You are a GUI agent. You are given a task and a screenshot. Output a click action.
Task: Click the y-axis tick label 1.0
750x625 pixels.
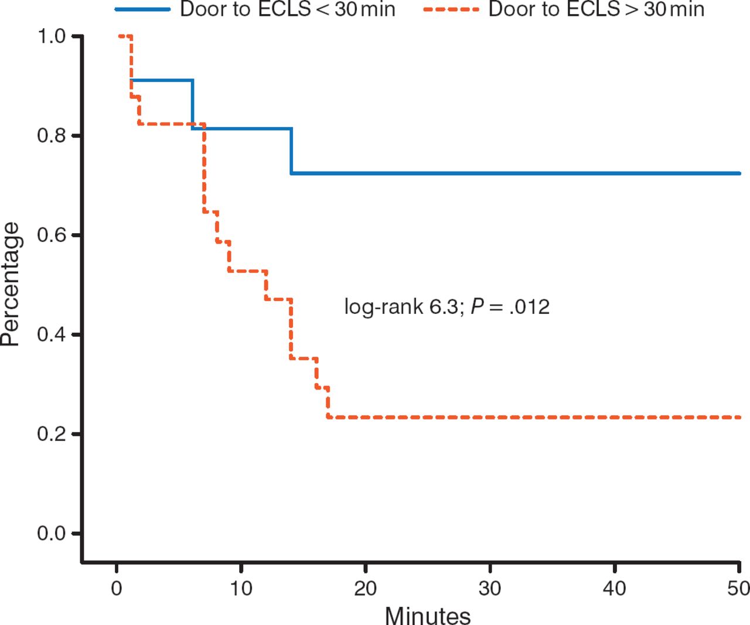coord(51,37)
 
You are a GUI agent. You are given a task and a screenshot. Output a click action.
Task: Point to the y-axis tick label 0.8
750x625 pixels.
coord(51,136)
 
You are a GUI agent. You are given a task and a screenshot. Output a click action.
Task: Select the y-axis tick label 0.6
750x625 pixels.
coord(51,235)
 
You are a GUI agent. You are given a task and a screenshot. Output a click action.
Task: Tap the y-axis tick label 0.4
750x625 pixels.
coord(51,335)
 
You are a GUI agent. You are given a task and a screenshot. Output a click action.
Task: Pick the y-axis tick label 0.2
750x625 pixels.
coord(51,435)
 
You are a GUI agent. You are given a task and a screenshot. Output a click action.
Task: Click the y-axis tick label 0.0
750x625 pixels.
coord(51,534)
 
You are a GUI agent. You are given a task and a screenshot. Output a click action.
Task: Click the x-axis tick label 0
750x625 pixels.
coord(117,588)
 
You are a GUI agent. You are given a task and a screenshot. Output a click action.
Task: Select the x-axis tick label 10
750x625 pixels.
coord(241,588)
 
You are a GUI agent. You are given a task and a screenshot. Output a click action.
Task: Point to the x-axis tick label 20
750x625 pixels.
coord(366,588)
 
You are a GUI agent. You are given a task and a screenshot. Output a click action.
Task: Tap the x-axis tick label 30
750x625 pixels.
coord(490,588)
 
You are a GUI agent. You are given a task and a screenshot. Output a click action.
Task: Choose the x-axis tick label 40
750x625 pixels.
coord(615,588)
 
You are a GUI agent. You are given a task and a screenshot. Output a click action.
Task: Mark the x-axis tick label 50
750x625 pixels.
coord(738,588)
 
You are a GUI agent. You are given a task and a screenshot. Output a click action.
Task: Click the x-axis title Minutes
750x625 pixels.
coord(428,615)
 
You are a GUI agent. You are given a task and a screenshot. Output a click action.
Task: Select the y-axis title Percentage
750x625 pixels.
coord(11,285)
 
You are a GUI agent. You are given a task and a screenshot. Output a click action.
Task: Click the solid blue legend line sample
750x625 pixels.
coord(142,9)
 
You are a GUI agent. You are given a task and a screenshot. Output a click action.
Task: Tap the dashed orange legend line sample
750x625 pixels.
coord(451,9)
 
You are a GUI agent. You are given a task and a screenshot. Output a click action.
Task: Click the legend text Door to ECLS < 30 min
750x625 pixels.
coord(288,9)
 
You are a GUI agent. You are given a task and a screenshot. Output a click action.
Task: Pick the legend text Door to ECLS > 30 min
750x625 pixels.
coord(596,9)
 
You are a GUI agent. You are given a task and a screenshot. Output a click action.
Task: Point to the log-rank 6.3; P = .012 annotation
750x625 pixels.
coord(446,306)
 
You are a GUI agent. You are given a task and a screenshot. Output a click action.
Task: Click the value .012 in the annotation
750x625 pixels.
coord(529,306)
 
